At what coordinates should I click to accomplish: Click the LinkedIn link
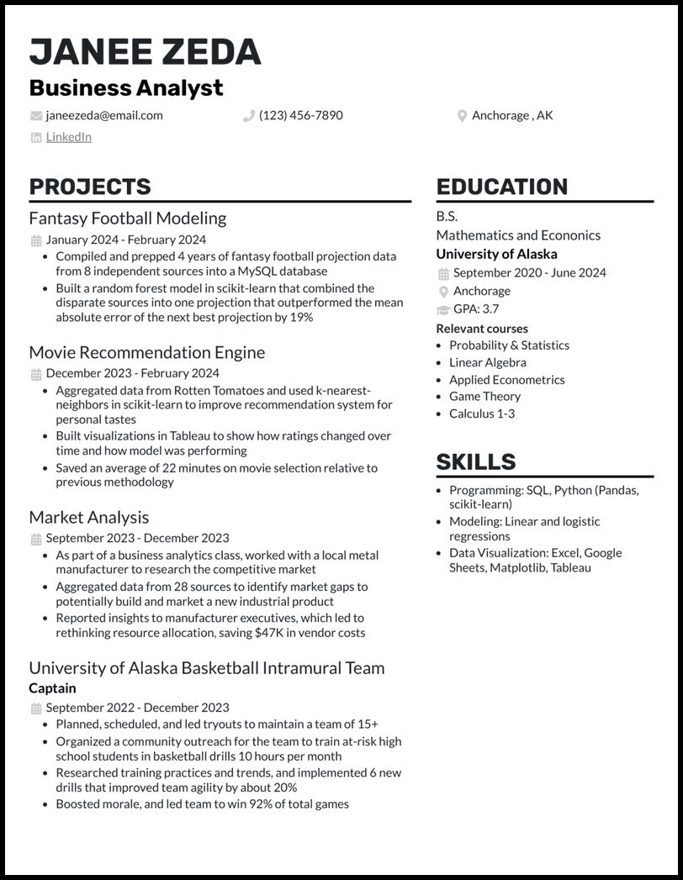tap(68, 137)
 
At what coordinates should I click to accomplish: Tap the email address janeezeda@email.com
tap(104, 115)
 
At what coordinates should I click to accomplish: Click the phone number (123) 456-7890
tap(300, 115)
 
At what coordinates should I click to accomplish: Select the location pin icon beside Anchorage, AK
tap(462, 116)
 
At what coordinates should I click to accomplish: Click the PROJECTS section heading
tap(90, 187)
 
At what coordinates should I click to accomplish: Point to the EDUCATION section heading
tap(502, 187)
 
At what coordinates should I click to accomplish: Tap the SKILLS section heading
tap(476, 461)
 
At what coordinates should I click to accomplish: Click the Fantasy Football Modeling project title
tap(128, 219)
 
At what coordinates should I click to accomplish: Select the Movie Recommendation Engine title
tap(146, 352)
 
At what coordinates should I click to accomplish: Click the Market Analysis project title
tap(89, 518)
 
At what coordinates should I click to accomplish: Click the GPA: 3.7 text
tap(475, 308)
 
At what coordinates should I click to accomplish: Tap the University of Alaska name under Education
tap(496, 254)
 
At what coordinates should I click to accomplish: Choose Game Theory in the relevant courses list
tap(484, 396)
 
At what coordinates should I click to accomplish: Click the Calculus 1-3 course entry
tap(482, 414)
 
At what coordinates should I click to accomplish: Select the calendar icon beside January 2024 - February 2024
tap(35, 240)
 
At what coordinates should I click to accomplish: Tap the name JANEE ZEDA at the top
tap(145, 52)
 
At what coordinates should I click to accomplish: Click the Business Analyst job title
tap(126, 87)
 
